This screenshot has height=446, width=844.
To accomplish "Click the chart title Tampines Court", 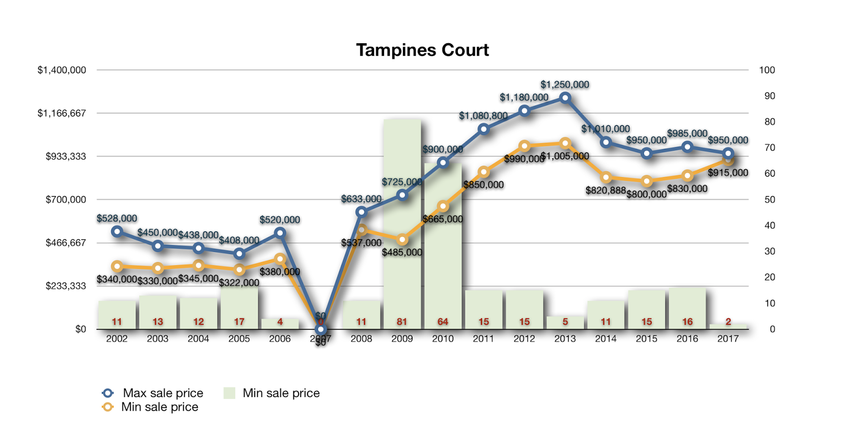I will click(x=422, y=50).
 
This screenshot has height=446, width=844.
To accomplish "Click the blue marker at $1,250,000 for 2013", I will click(x=565, y=98).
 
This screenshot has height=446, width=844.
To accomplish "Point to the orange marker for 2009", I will click(x=402, y=240).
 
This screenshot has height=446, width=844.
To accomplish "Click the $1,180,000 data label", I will click(x=524, y=97).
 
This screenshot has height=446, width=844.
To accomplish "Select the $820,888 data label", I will click(x=605, y=190).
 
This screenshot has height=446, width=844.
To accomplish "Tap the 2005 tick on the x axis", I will click(x=239, y=338).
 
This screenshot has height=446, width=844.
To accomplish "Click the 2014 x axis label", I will click(x=606, y=338).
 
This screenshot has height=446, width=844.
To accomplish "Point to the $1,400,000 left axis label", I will click(x=62, y=70).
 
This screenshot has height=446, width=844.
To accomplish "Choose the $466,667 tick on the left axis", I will click(x=66, y=243).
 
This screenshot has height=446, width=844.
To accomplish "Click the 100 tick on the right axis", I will click(x=767, y=70).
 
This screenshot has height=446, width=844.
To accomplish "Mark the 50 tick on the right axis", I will click(x=770, y=200).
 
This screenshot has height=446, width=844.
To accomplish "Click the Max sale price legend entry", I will click(x=162, y=393).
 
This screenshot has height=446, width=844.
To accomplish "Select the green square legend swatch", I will click(x=229, y=393).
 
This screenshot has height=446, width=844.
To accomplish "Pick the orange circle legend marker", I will click(x=108, y=407).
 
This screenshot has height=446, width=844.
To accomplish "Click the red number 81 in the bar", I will click(x=402, y=322).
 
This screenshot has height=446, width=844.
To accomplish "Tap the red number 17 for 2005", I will click(x=239, y=322).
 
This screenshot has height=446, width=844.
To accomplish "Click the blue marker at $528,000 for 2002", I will click(x=117, y=231).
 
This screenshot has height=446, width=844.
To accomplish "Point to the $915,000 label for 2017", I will click(x=728, y=173).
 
